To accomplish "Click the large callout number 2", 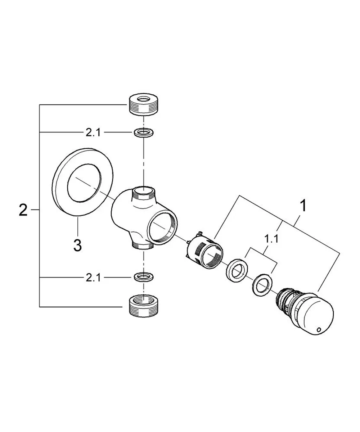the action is (23, 210).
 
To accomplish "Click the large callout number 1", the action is (303, 206).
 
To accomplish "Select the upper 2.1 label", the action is (93, 132).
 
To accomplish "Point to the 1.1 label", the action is (271, 240).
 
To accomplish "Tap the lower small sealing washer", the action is (144, 277).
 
